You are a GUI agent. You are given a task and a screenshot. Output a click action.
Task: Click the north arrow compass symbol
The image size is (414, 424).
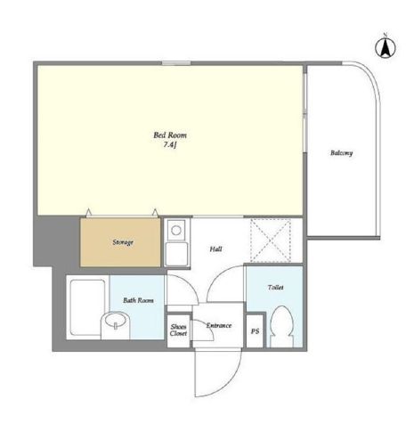[386, 47]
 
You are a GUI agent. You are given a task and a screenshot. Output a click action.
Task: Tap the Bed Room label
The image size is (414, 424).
[170, 135]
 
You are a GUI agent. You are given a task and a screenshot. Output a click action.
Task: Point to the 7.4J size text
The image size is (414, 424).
[170, 145]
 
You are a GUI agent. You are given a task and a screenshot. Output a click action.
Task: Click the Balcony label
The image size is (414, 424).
[342, 153]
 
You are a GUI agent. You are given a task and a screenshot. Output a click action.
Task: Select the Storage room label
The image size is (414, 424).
[123, 242]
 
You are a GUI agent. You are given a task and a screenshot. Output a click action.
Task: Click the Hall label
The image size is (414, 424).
[215, 249]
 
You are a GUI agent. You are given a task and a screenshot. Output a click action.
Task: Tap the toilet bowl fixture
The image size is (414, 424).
[281, 326]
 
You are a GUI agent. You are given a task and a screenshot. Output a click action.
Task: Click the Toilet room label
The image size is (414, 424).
[276, 288]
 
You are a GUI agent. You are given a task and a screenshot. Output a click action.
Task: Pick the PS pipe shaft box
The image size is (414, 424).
[255, 330]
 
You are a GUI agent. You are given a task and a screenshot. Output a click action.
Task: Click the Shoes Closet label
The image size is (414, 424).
[178, 330]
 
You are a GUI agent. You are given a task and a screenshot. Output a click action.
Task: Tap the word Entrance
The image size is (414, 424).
[219, 325]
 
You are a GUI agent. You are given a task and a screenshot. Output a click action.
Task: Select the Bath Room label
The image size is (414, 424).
[138, 300]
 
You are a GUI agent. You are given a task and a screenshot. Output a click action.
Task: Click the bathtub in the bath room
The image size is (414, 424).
[87, 307]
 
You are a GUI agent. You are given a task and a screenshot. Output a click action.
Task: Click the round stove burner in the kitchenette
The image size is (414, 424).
[176, 231]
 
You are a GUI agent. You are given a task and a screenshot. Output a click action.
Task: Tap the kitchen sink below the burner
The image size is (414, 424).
[176, 254]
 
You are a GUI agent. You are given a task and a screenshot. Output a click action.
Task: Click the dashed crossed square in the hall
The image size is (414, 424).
[271, 241]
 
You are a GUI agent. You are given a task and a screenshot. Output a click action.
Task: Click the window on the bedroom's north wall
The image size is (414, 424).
[176, 63]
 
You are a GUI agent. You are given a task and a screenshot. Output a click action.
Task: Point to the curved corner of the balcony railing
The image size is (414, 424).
[369, 73]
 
